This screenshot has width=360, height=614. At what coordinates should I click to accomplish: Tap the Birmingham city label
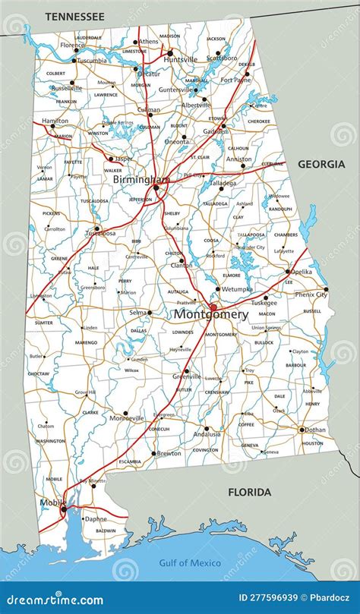coord(141,180)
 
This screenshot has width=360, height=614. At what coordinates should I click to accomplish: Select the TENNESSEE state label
coord(74,15)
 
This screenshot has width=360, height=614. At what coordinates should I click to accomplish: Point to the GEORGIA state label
coord(320,164)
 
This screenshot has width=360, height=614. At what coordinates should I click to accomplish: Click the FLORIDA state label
coord(249,493)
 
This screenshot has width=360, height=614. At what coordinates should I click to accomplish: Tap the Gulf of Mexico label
coord(190,562)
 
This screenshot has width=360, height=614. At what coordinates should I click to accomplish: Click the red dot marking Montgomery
coord(213,307)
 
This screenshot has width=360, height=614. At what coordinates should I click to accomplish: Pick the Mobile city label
coord(50,502)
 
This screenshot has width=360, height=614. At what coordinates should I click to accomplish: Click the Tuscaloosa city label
coord(99,234)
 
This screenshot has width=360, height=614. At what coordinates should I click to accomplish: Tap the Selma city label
coord(137,313)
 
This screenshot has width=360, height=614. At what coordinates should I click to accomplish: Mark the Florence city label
coord(73,45)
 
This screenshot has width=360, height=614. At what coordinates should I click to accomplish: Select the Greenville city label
coord(186,376)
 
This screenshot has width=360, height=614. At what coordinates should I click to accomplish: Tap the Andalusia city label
coord(206,435)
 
